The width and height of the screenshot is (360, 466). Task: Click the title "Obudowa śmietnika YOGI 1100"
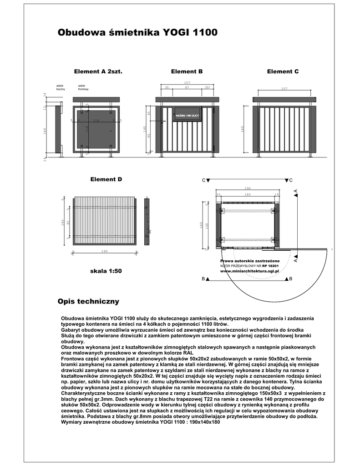(x=137, y=33)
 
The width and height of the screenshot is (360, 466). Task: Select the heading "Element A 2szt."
(x=99, y=71)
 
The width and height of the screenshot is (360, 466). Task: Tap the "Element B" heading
(x=187, y=71)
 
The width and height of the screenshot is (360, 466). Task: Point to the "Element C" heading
(x=283, y=71)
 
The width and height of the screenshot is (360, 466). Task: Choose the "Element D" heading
(x=106, y=179)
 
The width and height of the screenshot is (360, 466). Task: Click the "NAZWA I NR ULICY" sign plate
(x=187, y=116)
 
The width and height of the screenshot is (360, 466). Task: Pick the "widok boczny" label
(x=61, y=87)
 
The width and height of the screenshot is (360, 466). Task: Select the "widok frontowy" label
(x=83, y=87)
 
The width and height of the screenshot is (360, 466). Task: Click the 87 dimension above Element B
(x=187, y=87)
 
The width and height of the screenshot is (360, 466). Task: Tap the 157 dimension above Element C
(x=284, y=89)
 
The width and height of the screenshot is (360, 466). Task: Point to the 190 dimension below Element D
(x=105, y=251)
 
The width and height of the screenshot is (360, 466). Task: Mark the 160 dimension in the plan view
(x=247, y=194)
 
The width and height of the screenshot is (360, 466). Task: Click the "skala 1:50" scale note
(x=106, y=271)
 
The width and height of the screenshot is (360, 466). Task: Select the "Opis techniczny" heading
(x=88, y=301)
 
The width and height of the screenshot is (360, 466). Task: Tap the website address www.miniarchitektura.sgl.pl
(x=249, y=270)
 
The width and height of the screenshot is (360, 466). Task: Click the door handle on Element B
(x=162, y=122)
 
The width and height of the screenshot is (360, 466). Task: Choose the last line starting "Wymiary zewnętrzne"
(x=140, y=422)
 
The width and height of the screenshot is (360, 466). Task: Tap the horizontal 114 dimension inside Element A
(x=96, y=120)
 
